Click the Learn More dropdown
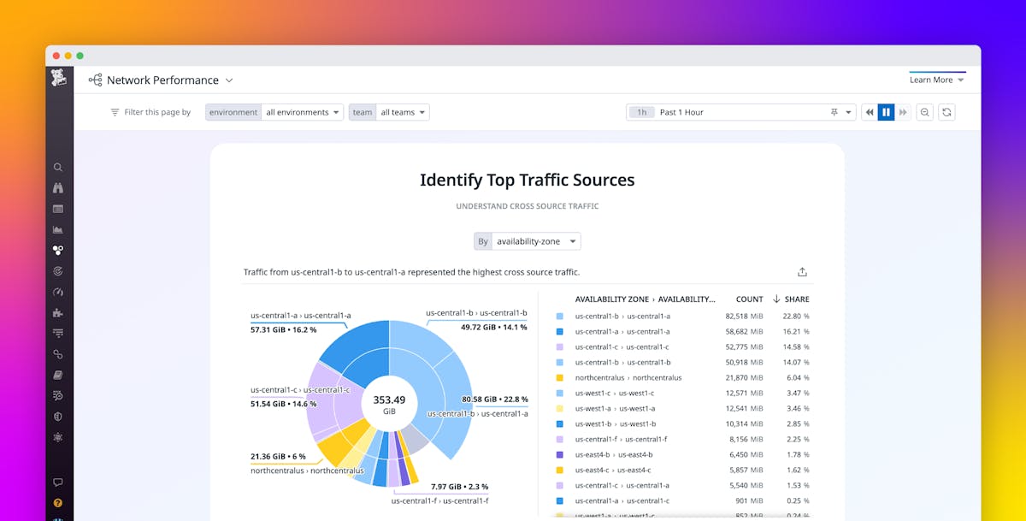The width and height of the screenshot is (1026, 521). coord(936,80)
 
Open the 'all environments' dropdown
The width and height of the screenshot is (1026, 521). coord(303,112)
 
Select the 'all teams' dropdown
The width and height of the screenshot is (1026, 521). coord(403,112)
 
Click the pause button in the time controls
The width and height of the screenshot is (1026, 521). coord(886,112)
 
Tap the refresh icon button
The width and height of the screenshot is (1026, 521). coord(946,112)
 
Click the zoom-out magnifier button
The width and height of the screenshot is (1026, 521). coord(924,112)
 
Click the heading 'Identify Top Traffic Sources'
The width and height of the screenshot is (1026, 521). coord(527,180)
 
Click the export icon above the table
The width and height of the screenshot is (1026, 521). coord(802,272)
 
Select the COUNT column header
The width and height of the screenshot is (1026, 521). coord(749,299)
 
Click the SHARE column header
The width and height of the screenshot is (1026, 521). coord(795,299)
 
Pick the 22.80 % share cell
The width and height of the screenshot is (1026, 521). coord(795,317)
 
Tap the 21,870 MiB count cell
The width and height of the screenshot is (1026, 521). coord(743,378)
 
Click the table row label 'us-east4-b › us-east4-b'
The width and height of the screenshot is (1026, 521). coord(613,455)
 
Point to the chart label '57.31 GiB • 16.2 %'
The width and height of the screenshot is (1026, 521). coord(283,329)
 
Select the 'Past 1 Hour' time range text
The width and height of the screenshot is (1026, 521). coord(681,112)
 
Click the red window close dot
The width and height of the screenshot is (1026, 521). coord(56,56)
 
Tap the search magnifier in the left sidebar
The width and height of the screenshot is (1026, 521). coord(58,168)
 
